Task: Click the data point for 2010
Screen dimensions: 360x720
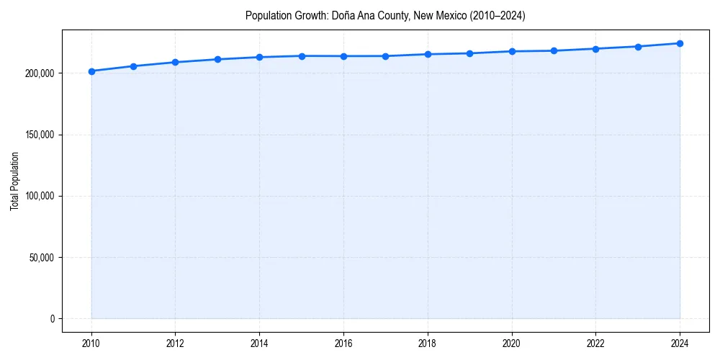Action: pyautogui.click(x=91, y=71)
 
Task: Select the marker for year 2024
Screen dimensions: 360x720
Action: pyautogui.click(x=680, y=43)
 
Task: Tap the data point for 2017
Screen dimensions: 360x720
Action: pyautogui.click(x=386, y=56)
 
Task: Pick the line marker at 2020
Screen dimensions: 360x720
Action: pyautogui.click(x=512, y=51)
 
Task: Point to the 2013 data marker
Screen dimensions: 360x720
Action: pyautogui.click(x=217, y=59)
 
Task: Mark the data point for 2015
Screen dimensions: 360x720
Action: pyautogui.click(x=302, y=56)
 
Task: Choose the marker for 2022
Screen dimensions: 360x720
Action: pyautogui.click(x=595, y=49)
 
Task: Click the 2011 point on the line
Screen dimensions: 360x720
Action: pyautogui.click(x=133, y=66)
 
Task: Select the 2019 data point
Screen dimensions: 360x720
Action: pyautogui.click(x=469, y=53)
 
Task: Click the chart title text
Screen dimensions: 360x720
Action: pyautogui.click(x=385, y=16)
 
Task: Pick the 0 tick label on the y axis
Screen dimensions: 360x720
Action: pyautogui.click(x=52, y=319)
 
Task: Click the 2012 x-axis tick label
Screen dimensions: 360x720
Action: pyautogui.click(x=175, y=343)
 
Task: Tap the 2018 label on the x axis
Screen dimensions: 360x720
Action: pyautogui.click(x=428, y=343)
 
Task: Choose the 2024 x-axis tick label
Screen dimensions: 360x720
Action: pyautogui.click(x=680, y=343)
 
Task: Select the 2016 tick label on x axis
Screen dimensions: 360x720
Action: pyautogui.click(x=343, y=343)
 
